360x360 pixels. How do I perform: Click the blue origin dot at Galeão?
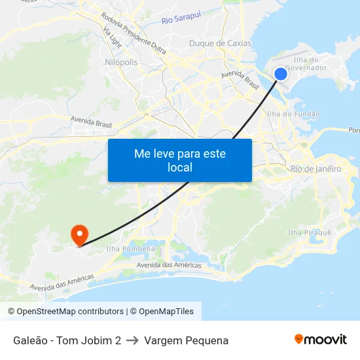(x=280, y=74)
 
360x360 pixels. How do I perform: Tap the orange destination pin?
(x=79, y=234)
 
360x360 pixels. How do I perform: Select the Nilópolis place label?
(x=121, y=62)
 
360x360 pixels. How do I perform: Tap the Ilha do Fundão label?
(x=293, y=114)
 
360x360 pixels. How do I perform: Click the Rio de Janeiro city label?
(x=315, y=169)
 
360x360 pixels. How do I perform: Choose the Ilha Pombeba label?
(x=130, y=249)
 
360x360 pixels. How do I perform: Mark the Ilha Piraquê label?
(x=310, y=232)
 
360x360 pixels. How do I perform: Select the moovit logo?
(x=320, y=339)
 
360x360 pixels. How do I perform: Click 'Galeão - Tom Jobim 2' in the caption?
(x=67, y=340)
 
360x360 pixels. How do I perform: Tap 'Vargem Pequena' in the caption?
(x=186, y=340)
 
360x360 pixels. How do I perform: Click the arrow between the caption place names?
(x=132, y=340)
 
